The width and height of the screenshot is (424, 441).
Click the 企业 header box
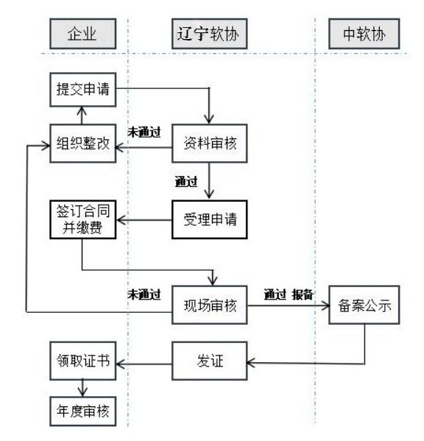coord(83,34)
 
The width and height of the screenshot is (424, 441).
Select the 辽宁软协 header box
coord(210,34)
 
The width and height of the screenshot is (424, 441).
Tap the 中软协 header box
coord(364,34)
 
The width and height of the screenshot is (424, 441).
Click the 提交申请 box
coord(83,90)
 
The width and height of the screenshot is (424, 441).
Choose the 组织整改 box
coord(83,144)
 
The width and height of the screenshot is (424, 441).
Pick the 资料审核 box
coord(210,144)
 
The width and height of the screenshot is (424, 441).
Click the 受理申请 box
coord(210,219)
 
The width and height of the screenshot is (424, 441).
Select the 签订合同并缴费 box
coord(83,219)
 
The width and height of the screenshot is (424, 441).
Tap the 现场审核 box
coord(210,305)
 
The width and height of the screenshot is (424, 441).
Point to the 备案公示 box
coord(364,305)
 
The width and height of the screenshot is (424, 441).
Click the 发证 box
coord(210,361)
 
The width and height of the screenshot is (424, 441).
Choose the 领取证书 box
coord(83,361)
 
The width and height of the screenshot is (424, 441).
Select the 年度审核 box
coord(83,412)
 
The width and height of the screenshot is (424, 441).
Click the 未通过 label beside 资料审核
coord(144,133)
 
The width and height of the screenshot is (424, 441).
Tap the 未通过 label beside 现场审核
coord(144,294)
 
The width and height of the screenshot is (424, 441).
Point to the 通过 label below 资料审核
coord(186,182)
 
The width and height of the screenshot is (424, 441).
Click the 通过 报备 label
coord(289,294)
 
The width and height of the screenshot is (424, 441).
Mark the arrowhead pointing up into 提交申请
coord(82,110)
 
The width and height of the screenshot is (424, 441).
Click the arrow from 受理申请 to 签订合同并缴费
coord(144,220)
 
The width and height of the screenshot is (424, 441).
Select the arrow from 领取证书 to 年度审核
coord(82,389)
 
